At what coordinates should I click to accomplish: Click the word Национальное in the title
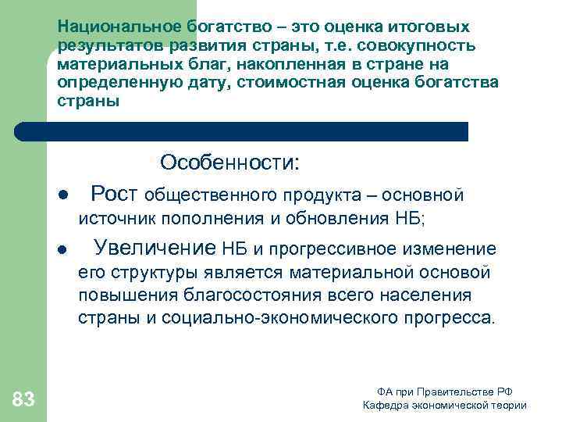[x=108, y=27]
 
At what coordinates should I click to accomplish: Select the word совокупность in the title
[x=418, y=45]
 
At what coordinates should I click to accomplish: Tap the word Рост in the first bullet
[x=115, y=193]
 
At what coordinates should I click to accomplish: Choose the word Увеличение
[x=155, y=249]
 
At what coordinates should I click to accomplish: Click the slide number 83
[x=23, y=400]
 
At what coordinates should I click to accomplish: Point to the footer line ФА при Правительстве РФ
[x=444, y=392]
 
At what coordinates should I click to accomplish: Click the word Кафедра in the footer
[x=385, y=406]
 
